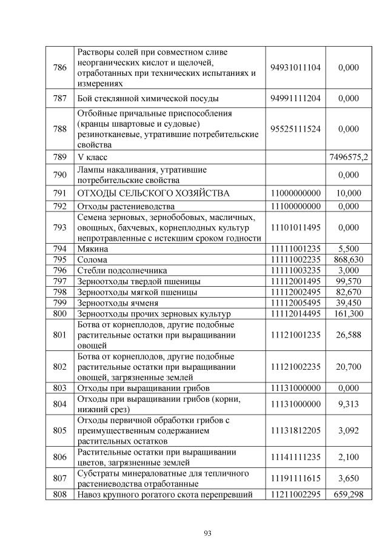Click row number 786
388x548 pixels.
[x=59, y=68]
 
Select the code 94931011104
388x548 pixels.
[x=295, y=68]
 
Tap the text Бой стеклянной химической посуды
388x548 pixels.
[x=147, y=98]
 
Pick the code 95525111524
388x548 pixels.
[x=295, y=129]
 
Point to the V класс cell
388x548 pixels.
[x=92, y=157]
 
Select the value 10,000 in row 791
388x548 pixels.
[x=349, y=193]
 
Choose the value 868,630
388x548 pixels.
[x=349, y=259]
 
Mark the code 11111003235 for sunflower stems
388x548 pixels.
[x=295, y=270]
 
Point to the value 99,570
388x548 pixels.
[x=349, y=281]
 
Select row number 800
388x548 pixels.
[x=59, y=314]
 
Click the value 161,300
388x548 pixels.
[x=349, y=314]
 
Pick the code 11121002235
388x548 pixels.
[x=295, y=367]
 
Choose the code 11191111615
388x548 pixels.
[x=295, y=478]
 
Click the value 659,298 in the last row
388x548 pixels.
[x=349, y=495]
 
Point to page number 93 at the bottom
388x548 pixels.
[x=207, y=533]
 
